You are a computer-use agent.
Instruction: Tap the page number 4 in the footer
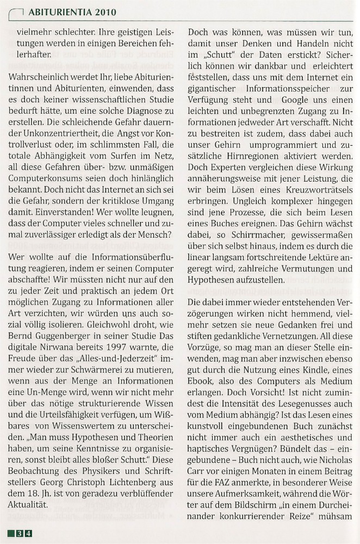[x=28, y=533]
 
